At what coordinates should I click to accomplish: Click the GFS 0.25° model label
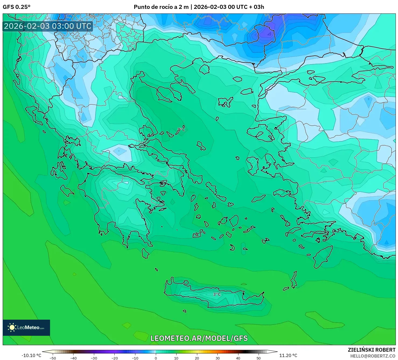[x=16, y=7]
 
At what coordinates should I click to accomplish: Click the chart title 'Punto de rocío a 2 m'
[x=161, y=7]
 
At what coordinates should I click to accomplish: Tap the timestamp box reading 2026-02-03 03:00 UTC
[x=48, y=26]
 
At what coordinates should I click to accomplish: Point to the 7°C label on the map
[x=181, y=130]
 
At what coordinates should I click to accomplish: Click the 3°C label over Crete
[x=217, y=294]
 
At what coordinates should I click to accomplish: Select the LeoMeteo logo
[x=26, y=327]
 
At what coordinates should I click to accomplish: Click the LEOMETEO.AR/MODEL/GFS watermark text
[x=199, y=338]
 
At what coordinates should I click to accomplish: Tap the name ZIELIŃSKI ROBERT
[x=371, y=350]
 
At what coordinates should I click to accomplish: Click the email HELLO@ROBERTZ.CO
[x=373, y=356]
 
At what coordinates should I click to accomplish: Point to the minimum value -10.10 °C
[x=31, y=355]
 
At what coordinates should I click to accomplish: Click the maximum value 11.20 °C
[x=288, y=355]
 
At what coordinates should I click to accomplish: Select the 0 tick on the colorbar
[x=156, y=358]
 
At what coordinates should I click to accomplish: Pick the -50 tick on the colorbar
[x=53, y=358]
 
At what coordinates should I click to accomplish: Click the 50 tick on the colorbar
[x=259, y=358]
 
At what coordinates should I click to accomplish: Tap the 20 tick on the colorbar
[x=197, y=358]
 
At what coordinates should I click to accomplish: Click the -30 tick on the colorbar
[x=94, y=358]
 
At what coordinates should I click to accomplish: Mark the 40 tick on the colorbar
[x=238, y=358]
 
